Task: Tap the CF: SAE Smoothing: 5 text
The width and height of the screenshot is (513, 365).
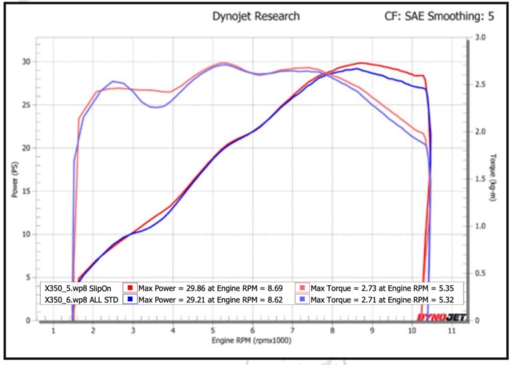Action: click(x=439, y=16)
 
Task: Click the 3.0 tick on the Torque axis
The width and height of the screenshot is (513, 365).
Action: click(x=480, y=38)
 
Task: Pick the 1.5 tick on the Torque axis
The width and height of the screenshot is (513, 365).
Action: click(x=480, y=179)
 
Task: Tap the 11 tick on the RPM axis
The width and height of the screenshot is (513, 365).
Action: click(x=452, y=331)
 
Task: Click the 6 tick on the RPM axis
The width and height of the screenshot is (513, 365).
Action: click(x=252, y=331)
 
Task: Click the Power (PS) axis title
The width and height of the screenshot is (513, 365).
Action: click(x=13, y=179)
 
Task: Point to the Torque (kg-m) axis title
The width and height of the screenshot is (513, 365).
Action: click(x=493, y=178)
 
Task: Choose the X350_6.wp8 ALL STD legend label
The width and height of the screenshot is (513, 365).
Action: click(x=79, y=300)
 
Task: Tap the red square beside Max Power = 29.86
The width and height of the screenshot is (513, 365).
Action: click(x=131, y=288)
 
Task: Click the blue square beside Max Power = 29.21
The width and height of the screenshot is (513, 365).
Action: click(x=131, y=300)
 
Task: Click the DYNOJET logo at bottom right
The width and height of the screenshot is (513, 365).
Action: click(x=442, y=317)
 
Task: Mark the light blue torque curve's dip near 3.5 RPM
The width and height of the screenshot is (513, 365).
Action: click(x=155, y=107)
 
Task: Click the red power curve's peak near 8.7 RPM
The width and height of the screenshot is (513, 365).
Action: click(x=361, y=63)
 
